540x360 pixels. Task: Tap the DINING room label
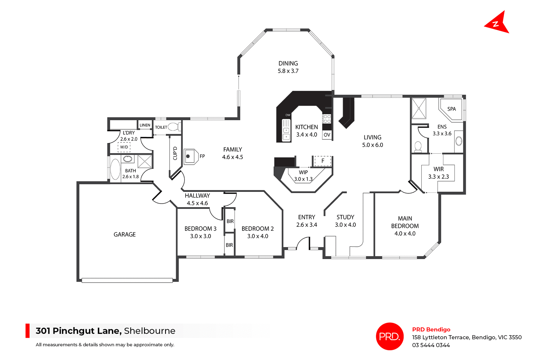[x=288, y=64]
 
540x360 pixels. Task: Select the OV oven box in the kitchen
[x=327, y=135]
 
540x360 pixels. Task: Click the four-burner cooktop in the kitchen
[x=327, y=119]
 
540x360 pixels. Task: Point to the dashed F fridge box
[x=323, y=161]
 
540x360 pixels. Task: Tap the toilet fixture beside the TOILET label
[x=174, y=127]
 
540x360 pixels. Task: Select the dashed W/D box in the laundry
[x=124, y=147]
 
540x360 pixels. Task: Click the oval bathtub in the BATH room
[x=115, y=169]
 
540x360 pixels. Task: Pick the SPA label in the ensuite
[x=451, y=109]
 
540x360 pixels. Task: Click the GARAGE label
[x=125, y=234]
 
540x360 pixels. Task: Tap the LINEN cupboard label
[x=145, y=125]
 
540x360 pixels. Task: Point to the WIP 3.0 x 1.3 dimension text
[x=303, y=179]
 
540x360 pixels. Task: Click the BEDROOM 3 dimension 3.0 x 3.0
[x=201, y=236]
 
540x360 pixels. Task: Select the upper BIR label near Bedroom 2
[x=230, y=221]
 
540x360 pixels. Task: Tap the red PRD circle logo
[x=390, y=336]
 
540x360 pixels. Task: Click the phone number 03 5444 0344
[x=431, y=345]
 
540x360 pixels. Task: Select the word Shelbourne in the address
[x=150, y=331]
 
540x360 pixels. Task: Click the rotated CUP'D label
[x=175, y=153]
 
